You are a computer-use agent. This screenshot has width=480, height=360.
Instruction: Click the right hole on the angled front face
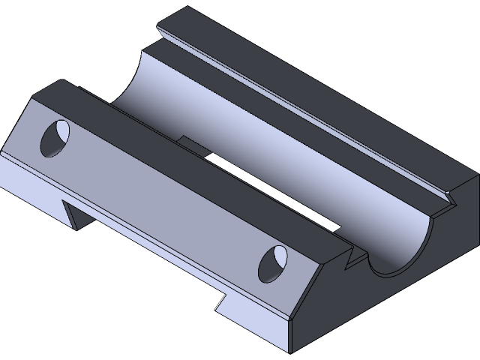coord(273,263)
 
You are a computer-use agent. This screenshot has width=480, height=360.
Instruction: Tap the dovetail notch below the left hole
coord(76,212)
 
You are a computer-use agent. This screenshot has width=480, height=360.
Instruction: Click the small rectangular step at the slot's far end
coord(192,141)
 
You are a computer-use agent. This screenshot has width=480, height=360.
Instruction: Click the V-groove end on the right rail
coord(449,199)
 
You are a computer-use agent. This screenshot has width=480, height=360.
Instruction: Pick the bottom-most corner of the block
coord(289,350)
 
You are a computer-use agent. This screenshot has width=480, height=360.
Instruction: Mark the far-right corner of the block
coord(477,177)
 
